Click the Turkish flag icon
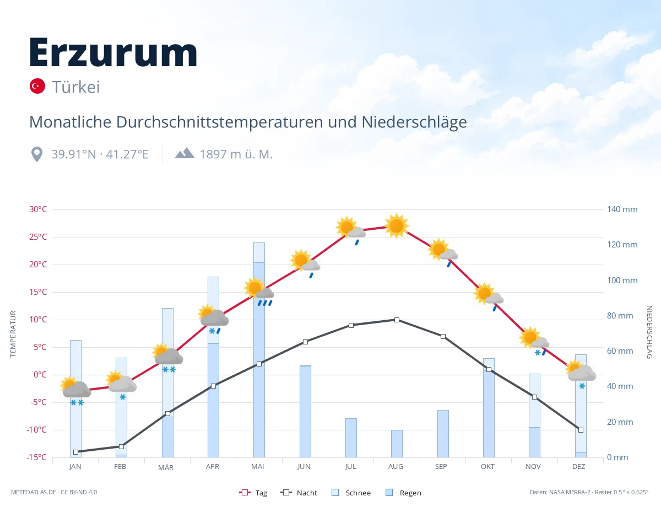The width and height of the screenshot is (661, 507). tap(37, 86)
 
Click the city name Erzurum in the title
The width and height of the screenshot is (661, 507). tap(113, 52)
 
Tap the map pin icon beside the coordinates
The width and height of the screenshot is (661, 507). tap(37, 154)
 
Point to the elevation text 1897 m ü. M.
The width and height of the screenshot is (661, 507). tap(236, 154)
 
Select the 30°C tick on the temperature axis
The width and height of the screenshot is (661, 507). tap(38, 209)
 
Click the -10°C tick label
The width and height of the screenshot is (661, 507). tap(36, 430)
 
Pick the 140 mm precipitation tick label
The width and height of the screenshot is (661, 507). tap(622, 209)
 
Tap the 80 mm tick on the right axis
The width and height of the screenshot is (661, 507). tap(620, 316)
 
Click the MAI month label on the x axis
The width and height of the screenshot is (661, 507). tap(258, 467)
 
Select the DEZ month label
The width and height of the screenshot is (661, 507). tap(578, 467)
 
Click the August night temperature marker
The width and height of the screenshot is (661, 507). tap(397, 320)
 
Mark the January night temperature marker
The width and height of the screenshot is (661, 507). tap(76, 452)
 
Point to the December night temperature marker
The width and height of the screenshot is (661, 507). tap(581, 430)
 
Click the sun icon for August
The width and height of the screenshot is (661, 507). tap(397, 226)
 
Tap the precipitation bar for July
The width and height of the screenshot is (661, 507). tap(351, 438)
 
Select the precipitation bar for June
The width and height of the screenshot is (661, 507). tap(305, 412)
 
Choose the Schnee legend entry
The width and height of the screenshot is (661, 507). tap(351, 493)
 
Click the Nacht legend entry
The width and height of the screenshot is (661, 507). tap(299, 493)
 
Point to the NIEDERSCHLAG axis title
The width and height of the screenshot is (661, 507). tap(649, 332)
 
